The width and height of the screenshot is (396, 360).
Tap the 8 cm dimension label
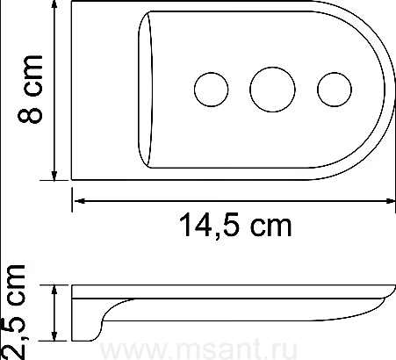click(30, 89)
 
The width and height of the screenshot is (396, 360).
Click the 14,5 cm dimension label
click(235, 225)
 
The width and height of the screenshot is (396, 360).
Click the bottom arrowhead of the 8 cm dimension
click(54, 175)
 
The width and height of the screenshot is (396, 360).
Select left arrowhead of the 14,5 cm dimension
click(78, 201)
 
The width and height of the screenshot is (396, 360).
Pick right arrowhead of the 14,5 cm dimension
click(389, 201)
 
